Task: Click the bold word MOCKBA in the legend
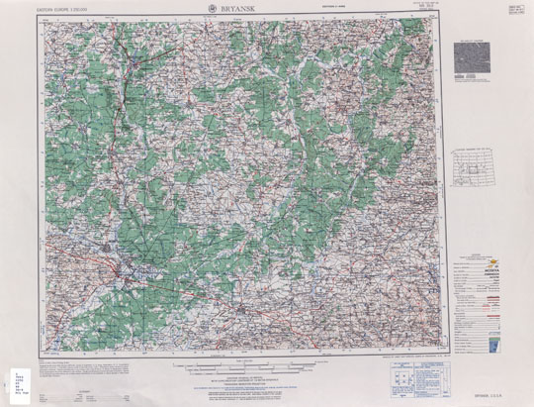coord(474,269)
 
